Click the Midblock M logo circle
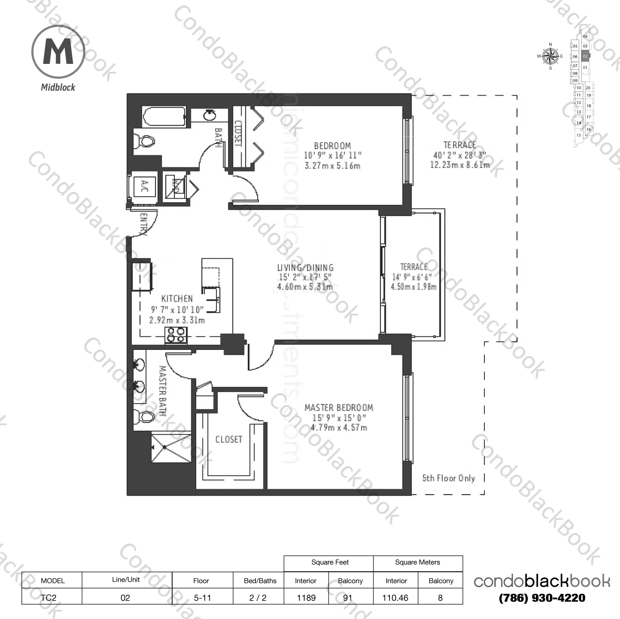tap(58, 52)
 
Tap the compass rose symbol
tap(550, 56)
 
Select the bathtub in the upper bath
tap(164, 117)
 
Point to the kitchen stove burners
tap(176, 335)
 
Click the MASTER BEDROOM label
tap(339, 408)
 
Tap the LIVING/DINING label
tap(305, 267)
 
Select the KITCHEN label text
tap(177, 299)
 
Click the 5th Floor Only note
tap(449, 478)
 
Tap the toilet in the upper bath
tap(146, 142)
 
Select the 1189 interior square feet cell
tap(306, 598)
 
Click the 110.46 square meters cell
tap(395, 598)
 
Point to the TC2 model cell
tap(48, 598)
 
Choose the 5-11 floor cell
tap(202, 598)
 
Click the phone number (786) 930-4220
tap(542, 598)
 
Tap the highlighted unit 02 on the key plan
tap(585, 56)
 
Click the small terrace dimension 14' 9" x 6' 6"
tap(413, 277)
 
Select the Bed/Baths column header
tap(260, 581)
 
